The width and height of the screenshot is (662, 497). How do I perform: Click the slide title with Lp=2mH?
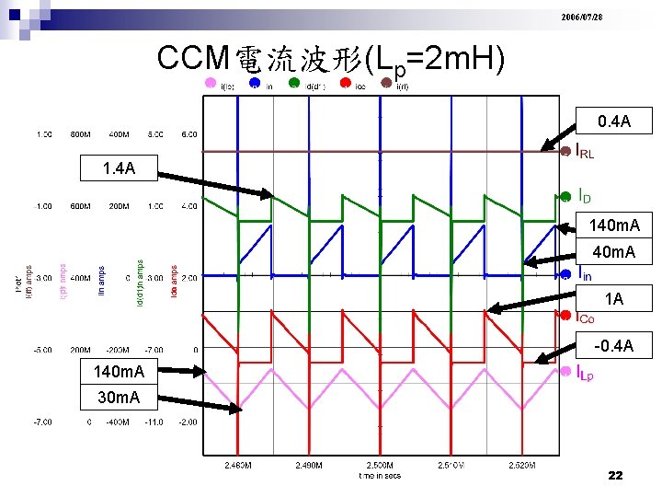coord(331,61)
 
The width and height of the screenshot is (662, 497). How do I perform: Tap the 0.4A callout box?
coord(613,121)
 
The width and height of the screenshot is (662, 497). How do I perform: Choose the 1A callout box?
coord(613,299)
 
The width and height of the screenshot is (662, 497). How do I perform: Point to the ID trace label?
coord(584,196)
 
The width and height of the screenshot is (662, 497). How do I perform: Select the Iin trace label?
coord(584,273)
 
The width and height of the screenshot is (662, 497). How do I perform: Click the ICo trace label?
coord(585,318)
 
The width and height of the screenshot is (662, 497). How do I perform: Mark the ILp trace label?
coord(585,374)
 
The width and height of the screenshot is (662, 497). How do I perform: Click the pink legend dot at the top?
coord(211,83)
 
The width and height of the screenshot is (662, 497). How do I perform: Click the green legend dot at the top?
coord(294,82)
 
